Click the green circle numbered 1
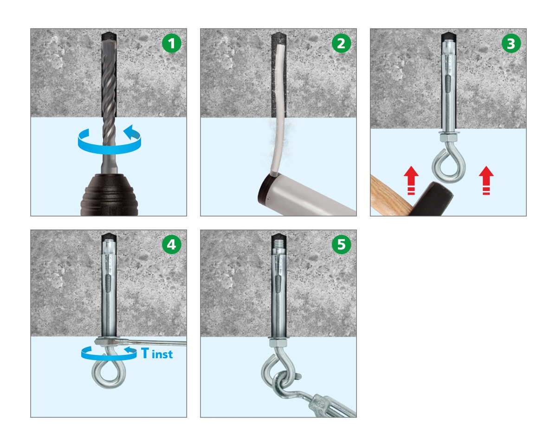[172, 43]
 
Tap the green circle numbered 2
[342, 43]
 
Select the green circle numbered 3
[511, 43]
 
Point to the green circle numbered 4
[172, 244]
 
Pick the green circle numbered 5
[342, 244]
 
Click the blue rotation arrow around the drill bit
[110, 151]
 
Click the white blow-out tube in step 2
[278, 109]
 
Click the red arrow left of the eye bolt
[411, 180]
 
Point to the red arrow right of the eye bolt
[486, 180]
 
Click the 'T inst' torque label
[157, 353]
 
